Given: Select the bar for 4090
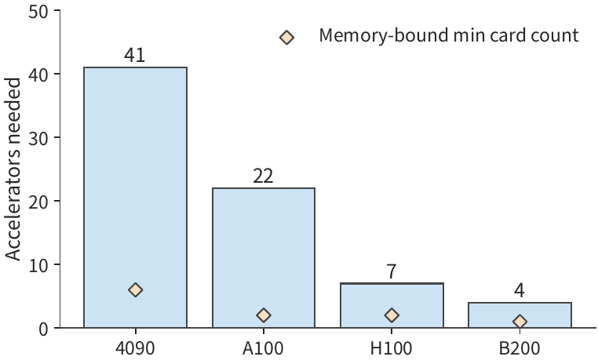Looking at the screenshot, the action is (x=136, y=198).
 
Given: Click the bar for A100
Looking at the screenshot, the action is (x=264, y=257).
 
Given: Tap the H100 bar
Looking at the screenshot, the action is (x=392, y=305).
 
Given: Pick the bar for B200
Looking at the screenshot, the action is (x=520, y=315).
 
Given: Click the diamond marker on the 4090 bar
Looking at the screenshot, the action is (x=136, y=290).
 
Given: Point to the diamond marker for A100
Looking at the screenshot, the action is (x=264, y=315).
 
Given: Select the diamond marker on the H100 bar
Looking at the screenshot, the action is (x=392, y=315).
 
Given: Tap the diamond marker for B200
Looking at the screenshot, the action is (x=520, y=322).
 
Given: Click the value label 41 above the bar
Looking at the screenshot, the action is (x=135, y=55).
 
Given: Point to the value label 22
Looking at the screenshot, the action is (x=263, y=176).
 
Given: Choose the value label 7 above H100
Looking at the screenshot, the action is (x=392, y=271).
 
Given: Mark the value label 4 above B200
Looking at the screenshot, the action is (x=520, y=291).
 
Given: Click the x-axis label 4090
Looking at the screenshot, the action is (x=135, y=347).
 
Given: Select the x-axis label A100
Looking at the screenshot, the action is (x=263, y=347).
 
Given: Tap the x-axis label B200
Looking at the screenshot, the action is (x=520, y=347).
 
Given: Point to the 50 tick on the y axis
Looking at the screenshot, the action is (x=38, y=12).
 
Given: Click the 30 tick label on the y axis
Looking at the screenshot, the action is (x=38, y=138).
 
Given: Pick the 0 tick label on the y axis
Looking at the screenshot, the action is (x=43, y=329).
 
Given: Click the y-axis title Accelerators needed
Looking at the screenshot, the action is (x=13, y=169).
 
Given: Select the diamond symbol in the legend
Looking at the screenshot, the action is (x=286, y=38).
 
